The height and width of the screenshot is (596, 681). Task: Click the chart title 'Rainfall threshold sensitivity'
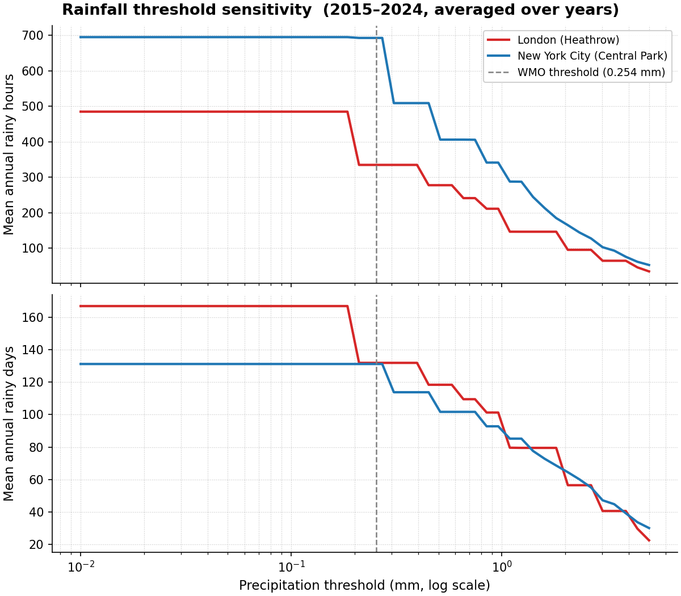pos(340,10)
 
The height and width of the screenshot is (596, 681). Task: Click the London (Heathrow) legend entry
pos(567,40)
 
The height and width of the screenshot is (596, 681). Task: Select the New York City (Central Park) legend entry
pos(592,56)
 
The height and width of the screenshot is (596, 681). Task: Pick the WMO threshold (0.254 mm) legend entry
pos(591,73)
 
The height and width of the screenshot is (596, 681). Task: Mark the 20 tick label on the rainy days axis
pos(36,545)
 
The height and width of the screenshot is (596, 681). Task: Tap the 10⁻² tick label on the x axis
pos(80,566)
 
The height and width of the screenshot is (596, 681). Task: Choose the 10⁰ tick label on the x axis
pos(501,566)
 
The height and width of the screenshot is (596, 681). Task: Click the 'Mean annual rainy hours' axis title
pos(9,154)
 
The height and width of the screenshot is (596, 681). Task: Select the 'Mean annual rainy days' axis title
pos(9,423)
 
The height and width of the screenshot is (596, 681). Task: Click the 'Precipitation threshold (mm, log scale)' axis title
pos(364,586)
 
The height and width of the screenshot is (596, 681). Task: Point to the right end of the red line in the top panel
pos(649,271)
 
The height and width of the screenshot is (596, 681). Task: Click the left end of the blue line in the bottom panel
pos(81,364)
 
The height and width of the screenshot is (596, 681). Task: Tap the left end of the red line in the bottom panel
pos(81,306)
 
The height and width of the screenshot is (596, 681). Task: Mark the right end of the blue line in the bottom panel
pos(649,528)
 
